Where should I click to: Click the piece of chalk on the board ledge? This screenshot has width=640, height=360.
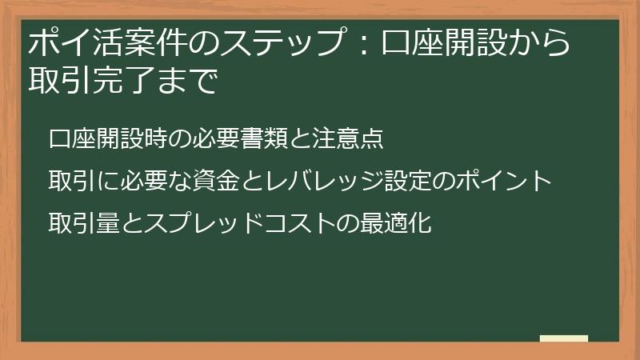tap(563, 338)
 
